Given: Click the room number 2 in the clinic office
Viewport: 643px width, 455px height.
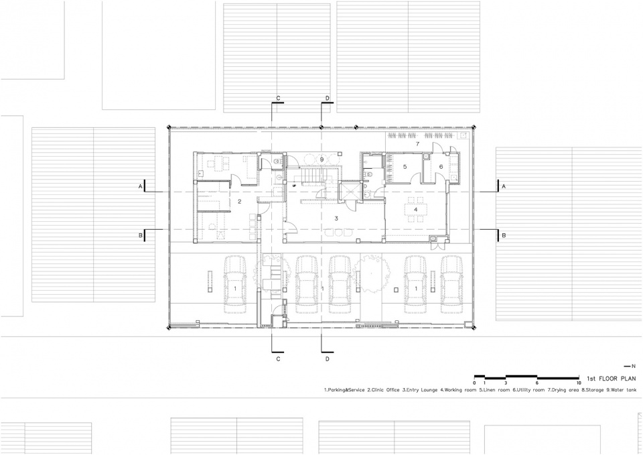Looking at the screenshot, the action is click(240, 201).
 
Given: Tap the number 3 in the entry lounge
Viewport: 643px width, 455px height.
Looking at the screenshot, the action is click(336, 218).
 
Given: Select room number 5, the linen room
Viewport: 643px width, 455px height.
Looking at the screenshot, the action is click(405, 167).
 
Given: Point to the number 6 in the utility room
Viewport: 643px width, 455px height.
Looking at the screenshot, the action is click(441, 167).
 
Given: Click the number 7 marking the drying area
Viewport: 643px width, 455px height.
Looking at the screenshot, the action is click(417, 143).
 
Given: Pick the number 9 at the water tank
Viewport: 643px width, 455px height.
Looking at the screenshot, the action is click(322, 159).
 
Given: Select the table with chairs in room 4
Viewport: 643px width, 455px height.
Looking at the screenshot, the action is click(416, 209).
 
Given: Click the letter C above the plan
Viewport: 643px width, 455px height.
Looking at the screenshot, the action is click(278, 98).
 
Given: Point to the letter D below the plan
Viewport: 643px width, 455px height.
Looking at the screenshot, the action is click(328, 359).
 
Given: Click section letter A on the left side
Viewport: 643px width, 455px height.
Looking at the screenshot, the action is click(140, 187).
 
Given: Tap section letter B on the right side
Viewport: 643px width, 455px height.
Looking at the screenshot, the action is click(504, 235).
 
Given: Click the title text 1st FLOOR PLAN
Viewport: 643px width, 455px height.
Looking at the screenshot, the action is click(612, 379).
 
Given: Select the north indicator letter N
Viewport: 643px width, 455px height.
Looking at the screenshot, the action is click(634, 366).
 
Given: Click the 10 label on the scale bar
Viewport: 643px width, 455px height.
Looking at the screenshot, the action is click(579, 383).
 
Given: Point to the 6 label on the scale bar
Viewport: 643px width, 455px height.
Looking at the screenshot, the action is click(537, 383).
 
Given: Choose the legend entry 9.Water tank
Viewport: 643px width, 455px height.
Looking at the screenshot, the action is click(622, 390).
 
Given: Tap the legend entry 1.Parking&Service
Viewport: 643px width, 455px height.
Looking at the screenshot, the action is click(344, 390).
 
